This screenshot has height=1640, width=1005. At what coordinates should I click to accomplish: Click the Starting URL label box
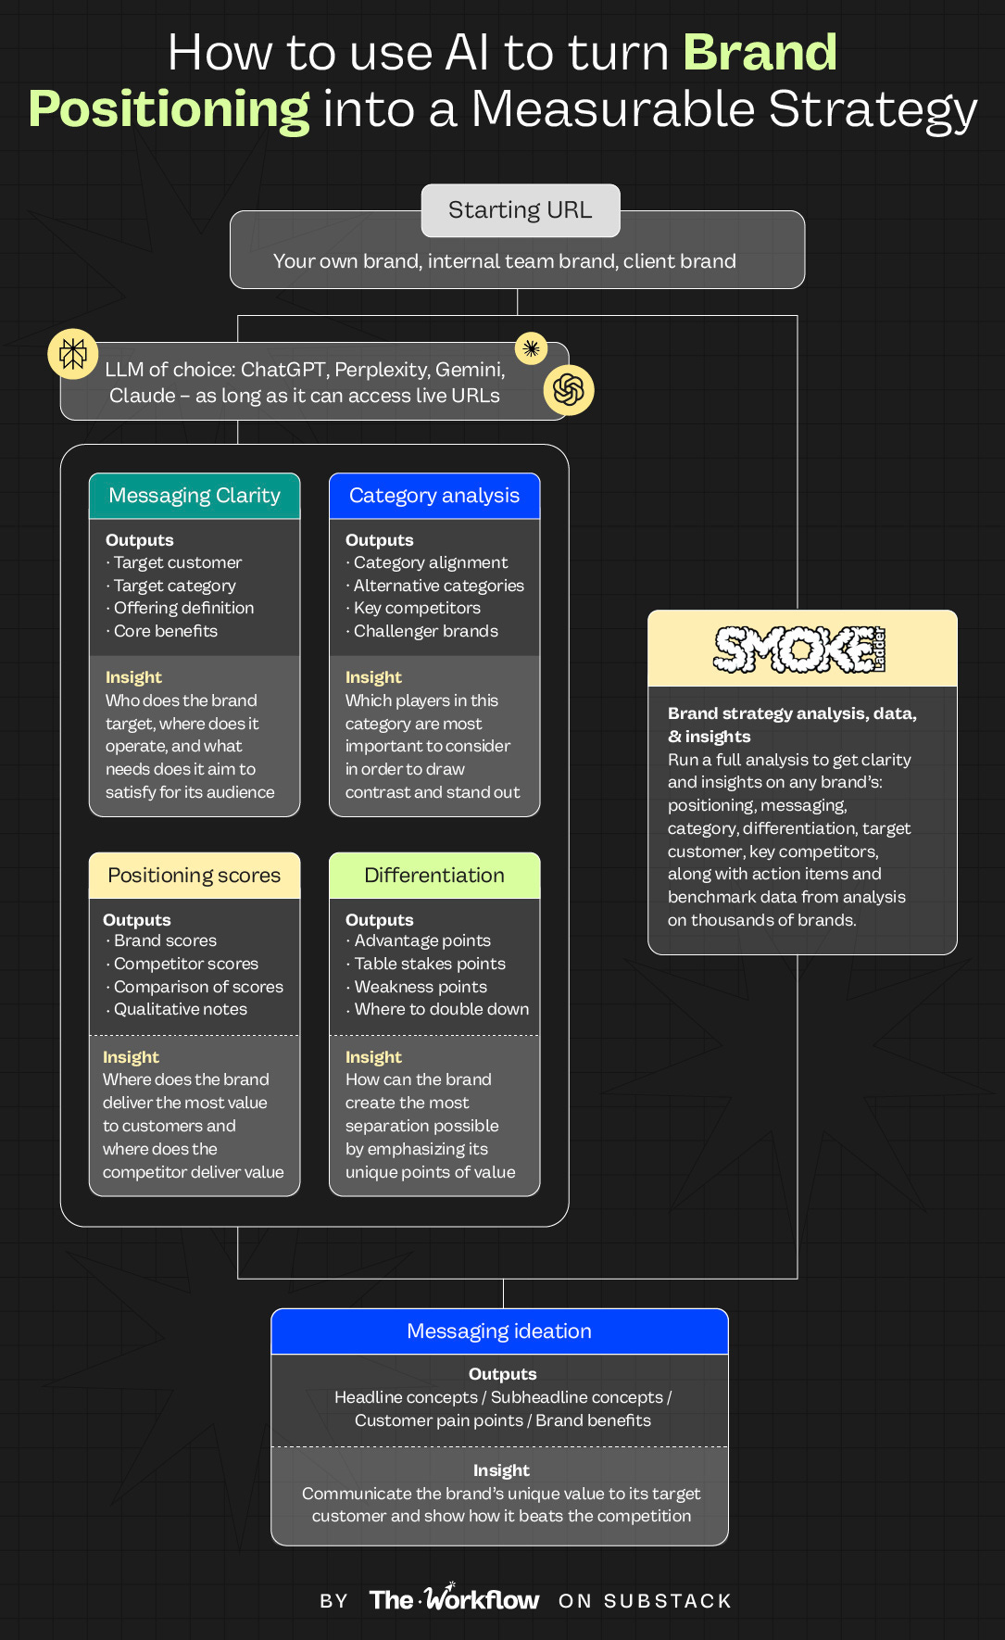point(520,210)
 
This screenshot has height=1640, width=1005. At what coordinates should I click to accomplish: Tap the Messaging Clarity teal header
point(195,496)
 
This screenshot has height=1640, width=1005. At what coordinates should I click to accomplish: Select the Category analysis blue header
point(434,496)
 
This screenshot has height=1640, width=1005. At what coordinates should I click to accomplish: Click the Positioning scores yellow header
point(195,876)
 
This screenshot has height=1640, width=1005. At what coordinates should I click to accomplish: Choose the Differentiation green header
point(434,876)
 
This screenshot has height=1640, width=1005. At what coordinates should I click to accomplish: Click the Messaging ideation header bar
point(499,1331)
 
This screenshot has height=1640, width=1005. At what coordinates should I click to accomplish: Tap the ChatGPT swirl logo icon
point(568,390)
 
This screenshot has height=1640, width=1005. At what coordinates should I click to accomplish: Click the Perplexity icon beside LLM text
point(73,354)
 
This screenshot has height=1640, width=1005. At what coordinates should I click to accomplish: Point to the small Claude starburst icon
point(531,348)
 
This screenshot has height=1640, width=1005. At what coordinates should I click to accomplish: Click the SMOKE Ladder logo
point(800,650)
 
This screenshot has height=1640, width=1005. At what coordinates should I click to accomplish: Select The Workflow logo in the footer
point(454,1599)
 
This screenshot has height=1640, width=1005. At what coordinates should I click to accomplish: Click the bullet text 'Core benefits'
point(165,631)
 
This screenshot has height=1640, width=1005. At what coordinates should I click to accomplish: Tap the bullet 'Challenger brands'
point(425,631)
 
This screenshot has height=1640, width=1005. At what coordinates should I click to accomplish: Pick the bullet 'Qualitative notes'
point(180,1009)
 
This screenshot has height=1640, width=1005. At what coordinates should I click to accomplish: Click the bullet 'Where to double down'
point(441,1009)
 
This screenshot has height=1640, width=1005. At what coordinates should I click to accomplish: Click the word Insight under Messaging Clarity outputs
point(133,677)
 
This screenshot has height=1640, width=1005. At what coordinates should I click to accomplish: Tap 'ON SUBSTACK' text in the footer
point(645,1601)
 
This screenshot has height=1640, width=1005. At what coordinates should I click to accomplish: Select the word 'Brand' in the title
point(760,53)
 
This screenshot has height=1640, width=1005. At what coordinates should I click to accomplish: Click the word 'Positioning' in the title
point(169,109)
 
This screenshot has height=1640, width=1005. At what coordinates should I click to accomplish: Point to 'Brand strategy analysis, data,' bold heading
point(792,713)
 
